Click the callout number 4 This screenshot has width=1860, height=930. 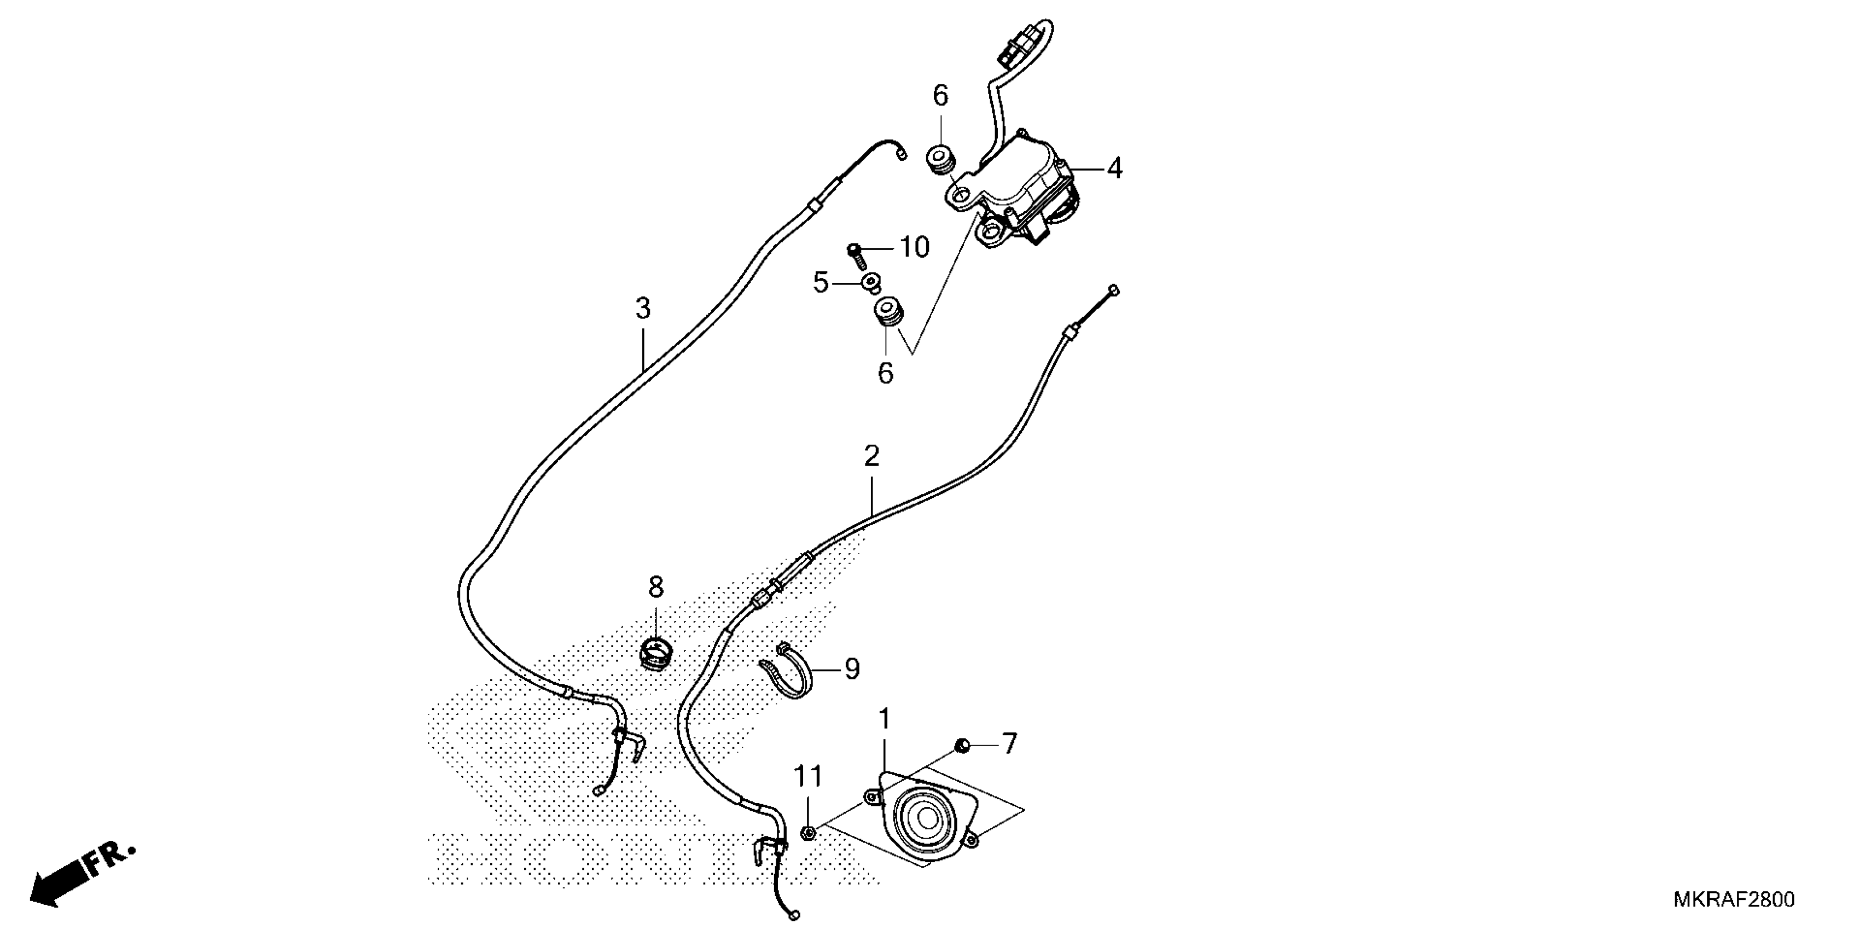[x=1114, y=169]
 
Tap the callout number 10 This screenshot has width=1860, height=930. [x=914, y=248]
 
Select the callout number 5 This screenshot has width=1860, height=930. [x=820, y=282]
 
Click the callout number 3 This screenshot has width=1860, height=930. [x=643, y=309]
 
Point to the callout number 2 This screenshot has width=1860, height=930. [x=871, y=456]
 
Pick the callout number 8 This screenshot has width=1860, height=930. [x=655, y=588]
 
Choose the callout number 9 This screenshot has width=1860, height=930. [x=852, y=670]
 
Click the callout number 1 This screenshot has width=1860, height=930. [x=884, y=720]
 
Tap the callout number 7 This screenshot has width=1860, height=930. [x=1009, y=743]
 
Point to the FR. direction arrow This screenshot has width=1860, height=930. [x=79, y=876]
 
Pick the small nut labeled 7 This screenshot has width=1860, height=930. [x=962, y=745]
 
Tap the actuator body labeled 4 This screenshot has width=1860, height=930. [x=1018, y=188]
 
